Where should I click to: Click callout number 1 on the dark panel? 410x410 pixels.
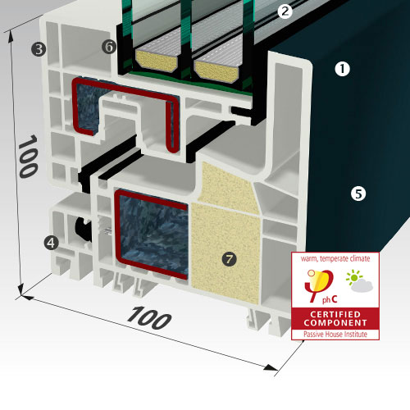pyautogui.click(x=342, y=69)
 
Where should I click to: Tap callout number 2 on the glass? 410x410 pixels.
pyautogui.click(x=285, y=11)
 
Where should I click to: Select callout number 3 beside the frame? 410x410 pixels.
pyautogui.click(x=39, y=49)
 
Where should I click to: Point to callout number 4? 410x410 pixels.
pyautogui.click(x=51, y=243)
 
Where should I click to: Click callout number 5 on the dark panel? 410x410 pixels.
pyautogui.click(x=358, y=194)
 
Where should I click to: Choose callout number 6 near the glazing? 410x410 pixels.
pyautogui.click(x=109, y=47)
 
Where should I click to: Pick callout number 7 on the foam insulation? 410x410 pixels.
pyautogui.click(x=229, y=258)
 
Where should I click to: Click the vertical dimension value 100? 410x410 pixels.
pyautogui.click(x=28, y=156)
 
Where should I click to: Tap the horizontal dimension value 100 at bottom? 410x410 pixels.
pyautogui.click(x=149, y=318)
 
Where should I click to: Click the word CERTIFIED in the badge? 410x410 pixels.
pyautogui.click(x=335, y=314)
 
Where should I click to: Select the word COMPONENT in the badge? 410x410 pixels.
pyautogui.click(x=335, y=323)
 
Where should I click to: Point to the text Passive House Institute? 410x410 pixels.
pyautogui.click(x=335, y=334)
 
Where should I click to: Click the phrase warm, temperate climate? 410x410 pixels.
pyautogui.click(x=335, y=258)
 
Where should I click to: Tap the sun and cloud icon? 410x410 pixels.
pyautogui.click(x=359, y=281)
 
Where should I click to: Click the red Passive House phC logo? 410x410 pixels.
pyautogui.click(x=321, y=286)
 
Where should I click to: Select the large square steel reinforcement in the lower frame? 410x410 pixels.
pyautogui.click(x=152, y=235)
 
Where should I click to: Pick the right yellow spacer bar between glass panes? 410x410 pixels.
pyautogui.click(x=216, y=71)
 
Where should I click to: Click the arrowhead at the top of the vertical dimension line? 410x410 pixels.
pyautogui.click(x=11, y=36)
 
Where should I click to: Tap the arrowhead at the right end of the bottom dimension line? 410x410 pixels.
pyautogui.click(x=271, y=367)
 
